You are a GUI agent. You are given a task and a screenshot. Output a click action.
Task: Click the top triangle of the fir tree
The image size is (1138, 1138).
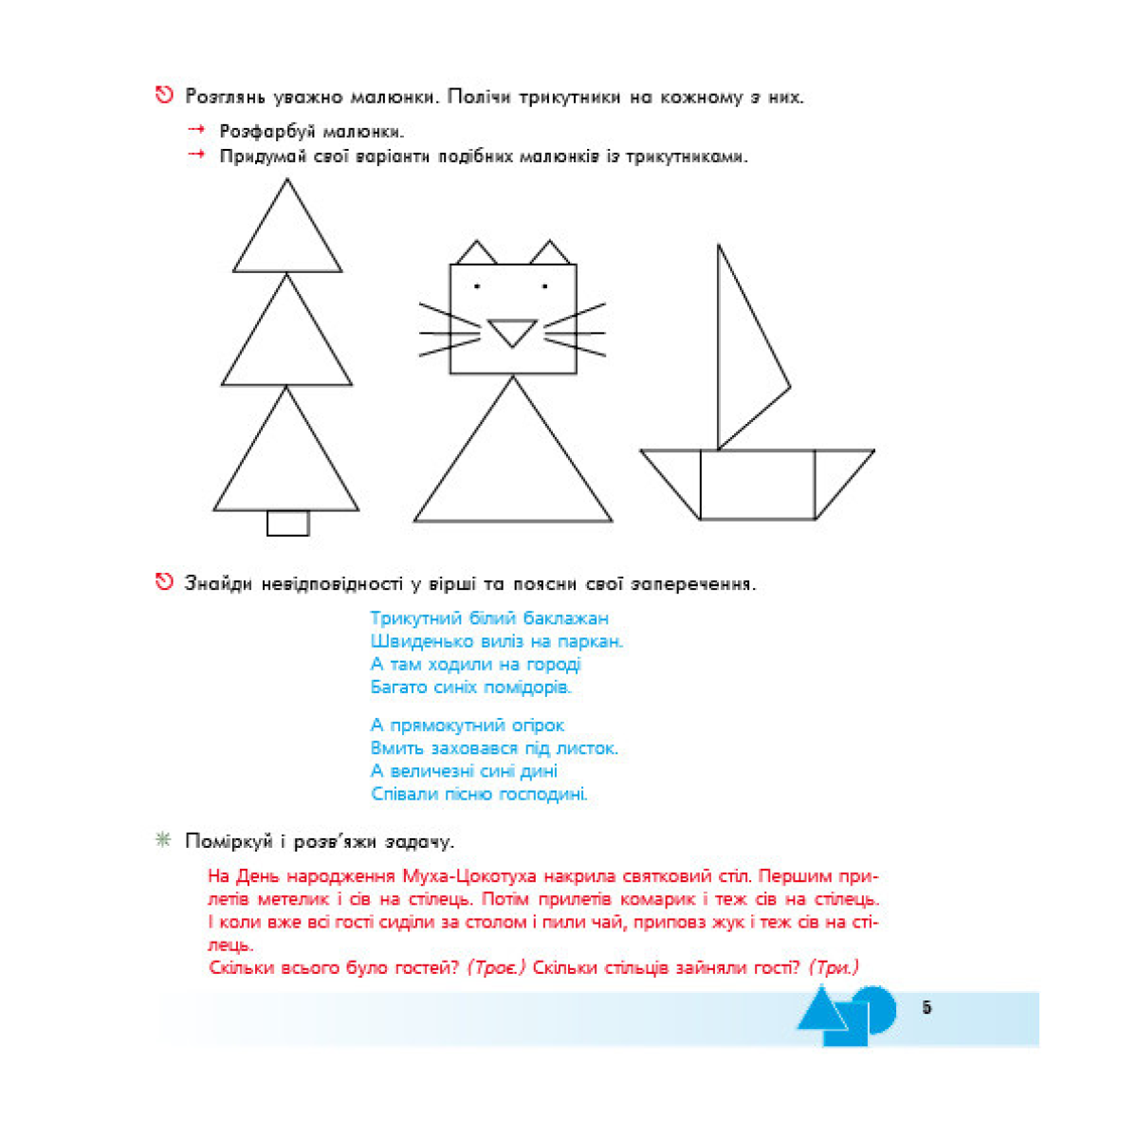287,237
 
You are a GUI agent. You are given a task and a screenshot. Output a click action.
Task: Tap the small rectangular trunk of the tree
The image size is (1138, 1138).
287,523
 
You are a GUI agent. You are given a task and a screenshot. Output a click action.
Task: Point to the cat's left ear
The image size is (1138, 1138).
476,254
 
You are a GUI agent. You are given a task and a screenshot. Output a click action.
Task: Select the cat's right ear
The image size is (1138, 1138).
549,254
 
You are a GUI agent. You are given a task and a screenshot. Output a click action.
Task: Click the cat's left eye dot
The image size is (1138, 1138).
477,285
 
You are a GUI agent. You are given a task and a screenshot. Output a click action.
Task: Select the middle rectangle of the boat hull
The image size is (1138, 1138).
757,485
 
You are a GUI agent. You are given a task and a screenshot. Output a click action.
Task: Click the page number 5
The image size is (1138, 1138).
927,1008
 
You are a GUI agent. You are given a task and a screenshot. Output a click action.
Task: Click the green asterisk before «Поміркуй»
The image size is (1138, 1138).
163,840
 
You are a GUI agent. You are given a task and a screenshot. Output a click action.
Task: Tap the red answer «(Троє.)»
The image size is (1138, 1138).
496,968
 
